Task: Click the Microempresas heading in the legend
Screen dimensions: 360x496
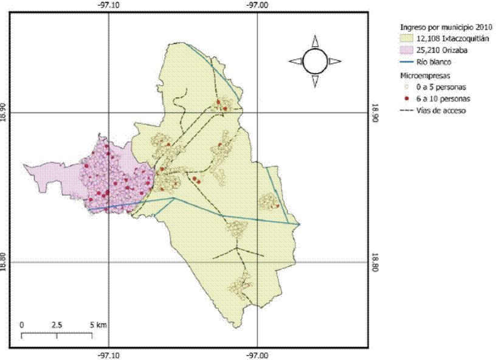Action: point(425,75)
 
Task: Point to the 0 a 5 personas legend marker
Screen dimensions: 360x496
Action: point(406,88)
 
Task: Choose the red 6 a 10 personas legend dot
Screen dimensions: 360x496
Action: point(406,99)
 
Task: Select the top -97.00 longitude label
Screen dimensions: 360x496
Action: point(258,5)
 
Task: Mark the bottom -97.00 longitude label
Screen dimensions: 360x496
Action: point(258,355)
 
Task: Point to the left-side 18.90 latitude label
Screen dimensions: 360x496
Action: point(5,112)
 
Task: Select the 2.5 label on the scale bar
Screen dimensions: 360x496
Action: point(57,325)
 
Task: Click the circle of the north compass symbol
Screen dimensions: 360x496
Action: point(315,61)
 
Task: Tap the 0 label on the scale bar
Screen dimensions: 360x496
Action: point(22,325)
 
